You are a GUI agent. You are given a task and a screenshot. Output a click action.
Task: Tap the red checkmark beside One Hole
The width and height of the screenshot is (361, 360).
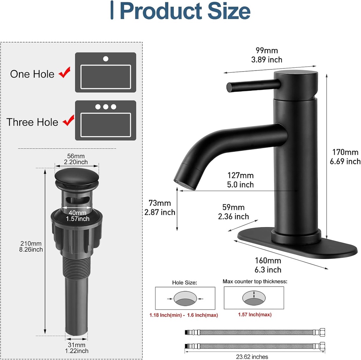point(65,73)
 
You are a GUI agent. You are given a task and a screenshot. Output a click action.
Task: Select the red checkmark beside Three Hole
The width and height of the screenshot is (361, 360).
point(68,121)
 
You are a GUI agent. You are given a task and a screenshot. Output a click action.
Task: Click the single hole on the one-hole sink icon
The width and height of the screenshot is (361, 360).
point(105,59)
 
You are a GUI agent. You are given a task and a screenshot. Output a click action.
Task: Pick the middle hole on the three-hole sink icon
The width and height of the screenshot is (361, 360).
point(105,106)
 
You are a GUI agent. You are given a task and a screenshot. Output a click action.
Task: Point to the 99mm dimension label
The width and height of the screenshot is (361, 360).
point(267,51)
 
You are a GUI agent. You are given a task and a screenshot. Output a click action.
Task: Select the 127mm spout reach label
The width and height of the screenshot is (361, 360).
point(240,175)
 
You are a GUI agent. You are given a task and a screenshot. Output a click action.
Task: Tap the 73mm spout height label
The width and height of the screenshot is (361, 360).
point(160,203)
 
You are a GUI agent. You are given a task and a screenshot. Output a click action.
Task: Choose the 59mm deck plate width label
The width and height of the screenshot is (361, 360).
point(233,207)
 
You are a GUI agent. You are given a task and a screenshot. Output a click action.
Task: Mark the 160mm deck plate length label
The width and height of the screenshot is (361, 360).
point(268,261)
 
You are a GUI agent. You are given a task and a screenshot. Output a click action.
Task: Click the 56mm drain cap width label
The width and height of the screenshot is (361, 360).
point(76,156)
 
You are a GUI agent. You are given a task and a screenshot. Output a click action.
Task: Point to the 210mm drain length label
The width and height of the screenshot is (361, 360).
point(31,244)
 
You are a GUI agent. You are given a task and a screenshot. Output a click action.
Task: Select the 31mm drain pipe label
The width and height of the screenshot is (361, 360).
point(77,345)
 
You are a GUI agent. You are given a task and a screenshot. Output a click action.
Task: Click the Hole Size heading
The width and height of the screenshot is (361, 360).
point(184,282)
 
